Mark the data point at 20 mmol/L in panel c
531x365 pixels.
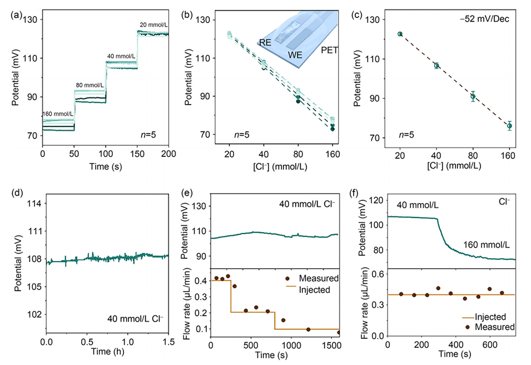click(x=400, y=34)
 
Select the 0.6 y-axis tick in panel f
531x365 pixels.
click(x=377, y=273)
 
